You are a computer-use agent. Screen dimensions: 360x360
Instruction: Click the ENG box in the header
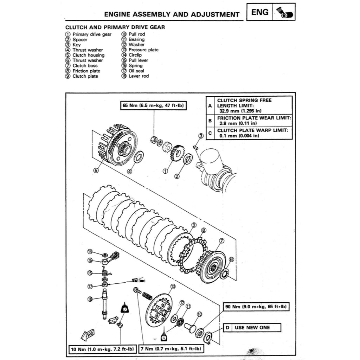pos(260,12)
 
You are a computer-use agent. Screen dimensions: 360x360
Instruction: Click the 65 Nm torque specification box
pos(154,106)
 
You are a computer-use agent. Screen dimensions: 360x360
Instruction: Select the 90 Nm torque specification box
pos(256,307)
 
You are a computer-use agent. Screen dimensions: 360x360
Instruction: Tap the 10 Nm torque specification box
pos(102,349)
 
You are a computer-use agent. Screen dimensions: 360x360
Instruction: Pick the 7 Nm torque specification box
pos(171,349)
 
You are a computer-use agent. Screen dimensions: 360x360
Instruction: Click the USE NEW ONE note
pos(252,328)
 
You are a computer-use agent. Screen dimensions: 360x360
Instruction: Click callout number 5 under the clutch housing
pos(96,171)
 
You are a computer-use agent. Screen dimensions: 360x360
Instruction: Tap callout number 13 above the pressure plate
pos(173,287)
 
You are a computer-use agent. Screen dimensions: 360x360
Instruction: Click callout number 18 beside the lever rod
pos(90,299)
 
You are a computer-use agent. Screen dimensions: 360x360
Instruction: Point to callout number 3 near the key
pos(201,136)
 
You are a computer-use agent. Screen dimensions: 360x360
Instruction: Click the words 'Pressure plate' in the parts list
pos(143,50)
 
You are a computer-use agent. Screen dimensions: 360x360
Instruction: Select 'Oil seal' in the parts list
pos(136,71)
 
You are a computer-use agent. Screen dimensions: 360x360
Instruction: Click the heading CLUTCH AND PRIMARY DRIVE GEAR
pos(115,27)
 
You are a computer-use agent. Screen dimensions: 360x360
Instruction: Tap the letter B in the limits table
pos(210,121)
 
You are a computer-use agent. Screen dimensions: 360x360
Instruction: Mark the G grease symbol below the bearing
pos(164,337)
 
